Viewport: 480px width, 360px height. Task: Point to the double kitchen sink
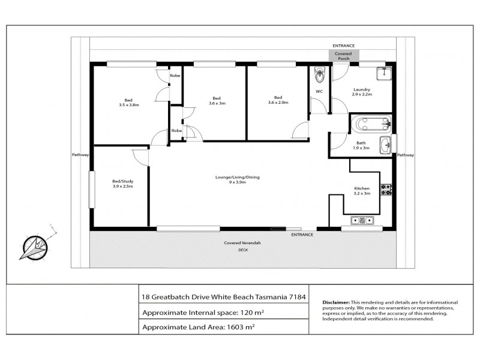coord(362,221)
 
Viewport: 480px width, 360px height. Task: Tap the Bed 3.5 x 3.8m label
coord(128,103)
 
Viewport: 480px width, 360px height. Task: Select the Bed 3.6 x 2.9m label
coord(278,100)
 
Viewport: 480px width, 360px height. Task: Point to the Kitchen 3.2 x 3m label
coord(361,191)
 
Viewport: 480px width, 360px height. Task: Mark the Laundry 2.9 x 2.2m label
coord(362,92)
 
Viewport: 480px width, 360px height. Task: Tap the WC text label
coord(319,91)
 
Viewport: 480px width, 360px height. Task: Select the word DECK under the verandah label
coord(243,249)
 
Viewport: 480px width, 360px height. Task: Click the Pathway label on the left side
coord(80,155)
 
